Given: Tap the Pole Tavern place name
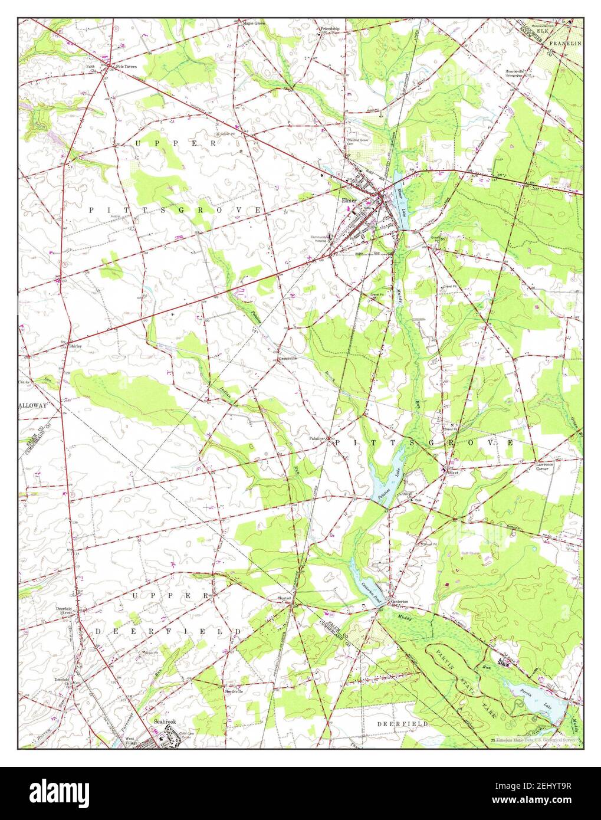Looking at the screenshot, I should pyautogui.click(x=126, y=67).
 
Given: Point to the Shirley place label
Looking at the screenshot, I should pyautogui.click(x=74, y=346).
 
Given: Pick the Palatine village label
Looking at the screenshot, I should pyautogui.click(x=318, y=439).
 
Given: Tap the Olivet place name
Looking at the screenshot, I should pyautogui.click(x=453, y=473).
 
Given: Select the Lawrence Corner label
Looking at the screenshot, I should pyautogui.click(x=544, y=467).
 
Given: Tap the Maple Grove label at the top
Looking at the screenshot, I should pyautogui.click(x=254, y=24).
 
